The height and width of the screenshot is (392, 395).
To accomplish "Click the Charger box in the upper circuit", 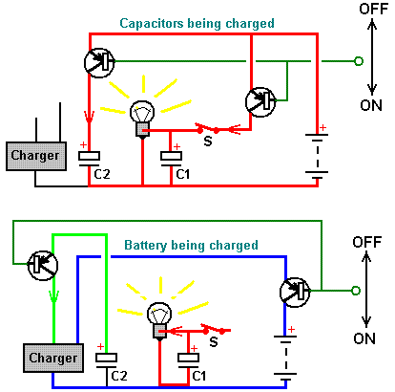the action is [x=36, y=156].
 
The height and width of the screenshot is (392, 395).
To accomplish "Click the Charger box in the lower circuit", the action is [x=53, y=358].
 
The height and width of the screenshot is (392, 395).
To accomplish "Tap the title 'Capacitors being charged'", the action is [x=197, y=24].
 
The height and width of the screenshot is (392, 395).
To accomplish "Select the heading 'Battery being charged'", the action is [x=191, y=246].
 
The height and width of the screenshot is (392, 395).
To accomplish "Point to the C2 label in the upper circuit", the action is [x=102, y=174].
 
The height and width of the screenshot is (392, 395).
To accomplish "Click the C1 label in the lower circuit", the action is [x=199, y=376].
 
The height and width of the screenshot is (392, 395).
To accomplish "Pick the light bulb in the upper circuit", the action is [x=142, y=119].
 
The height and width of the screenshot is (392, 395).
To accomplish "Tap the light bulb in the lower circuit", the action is [x=159, y=320].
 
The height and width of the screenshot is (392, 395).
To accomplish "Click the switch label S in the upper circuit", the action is [x=208, y=141].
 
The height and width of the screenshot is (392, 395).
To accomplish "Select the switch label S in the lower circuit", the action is [x=214, y=342].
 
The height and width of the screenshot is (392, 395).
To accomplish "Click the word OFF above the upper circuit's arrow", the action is [x=374, y=9].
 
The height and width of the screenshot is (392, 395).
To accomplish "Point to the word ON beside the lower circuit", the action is [x=364, y=338].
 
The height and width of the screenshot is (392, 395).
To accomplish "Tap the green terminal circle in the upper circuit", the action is [x=359, y=61].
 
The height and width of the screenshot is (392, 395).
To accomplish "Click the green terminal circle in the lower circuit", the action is [x=356, y=291].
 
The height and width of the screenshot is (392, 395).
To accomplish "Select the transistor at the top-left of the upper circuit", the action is [x=99, y=62].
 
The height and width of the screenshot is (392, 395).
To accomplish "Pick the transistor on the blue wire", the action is [x=295, y=293].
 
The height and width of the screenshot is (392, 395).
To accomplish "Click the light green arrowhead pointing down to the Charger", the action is [x=53, y=297].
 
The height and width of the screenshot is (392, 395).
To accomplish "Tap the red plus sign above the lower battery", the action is [x=291, y=330].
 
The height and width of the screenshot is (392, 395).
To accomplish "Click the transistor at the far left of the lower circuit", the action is [x=43, y=266].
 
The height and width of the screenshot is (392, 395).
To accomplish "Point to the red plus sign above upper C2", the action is [x=83, y=145].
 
